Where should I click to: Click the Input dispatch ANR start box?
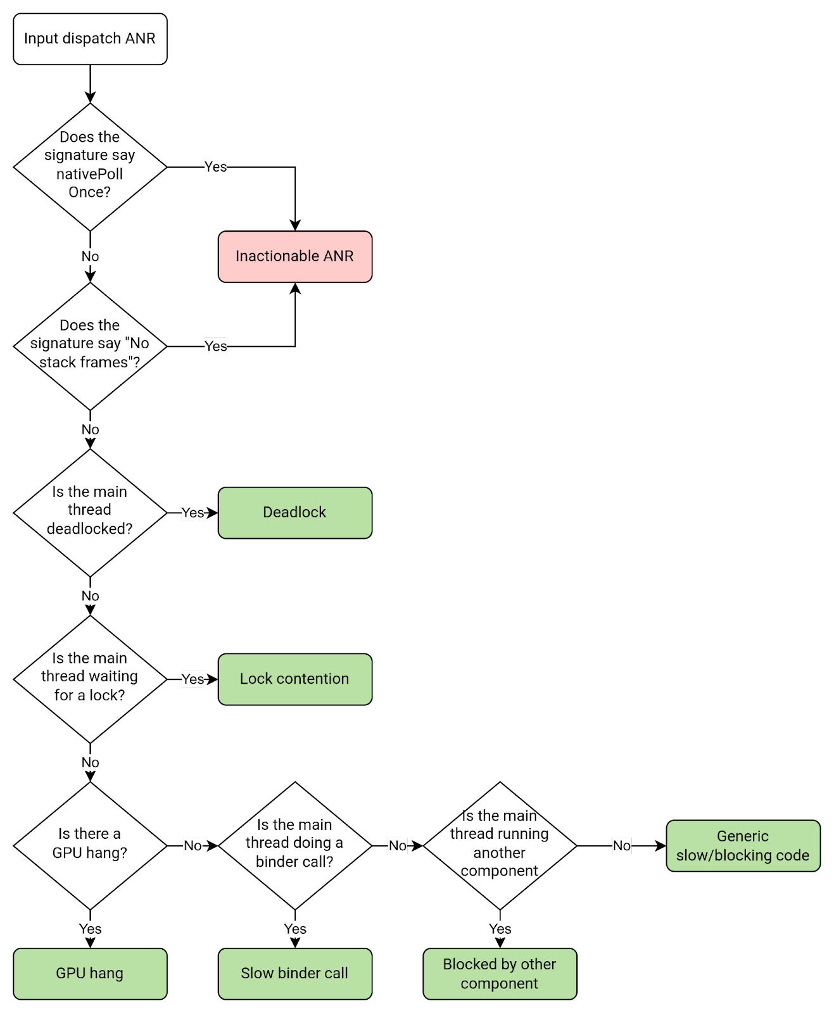click(90, 39)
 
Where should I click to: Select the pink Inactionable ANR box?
click(294, 256)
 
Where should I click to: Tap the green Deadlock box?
click(294, 513)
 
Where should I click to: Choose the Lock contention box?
click(294, 679)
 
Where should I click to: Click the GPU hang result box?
click(90, 974)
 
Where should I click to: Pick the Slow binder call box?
click(294, 974)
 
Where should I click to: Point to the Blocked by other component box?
click(500, 974)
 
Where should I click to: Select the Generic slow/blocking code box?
click(743, 846)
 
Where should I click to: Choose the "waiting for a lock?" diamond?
click(90, 678)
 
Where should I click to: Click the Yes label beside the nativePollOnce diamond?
click(215, 167)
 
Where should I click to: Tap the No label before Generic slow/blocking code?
click(621, 846)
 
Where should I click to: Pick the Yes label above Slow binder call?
click(295, 929)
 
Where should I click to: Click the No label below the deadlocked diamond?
click(90, 596)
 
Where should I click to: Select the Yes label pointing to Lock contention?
click(193, 679)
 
